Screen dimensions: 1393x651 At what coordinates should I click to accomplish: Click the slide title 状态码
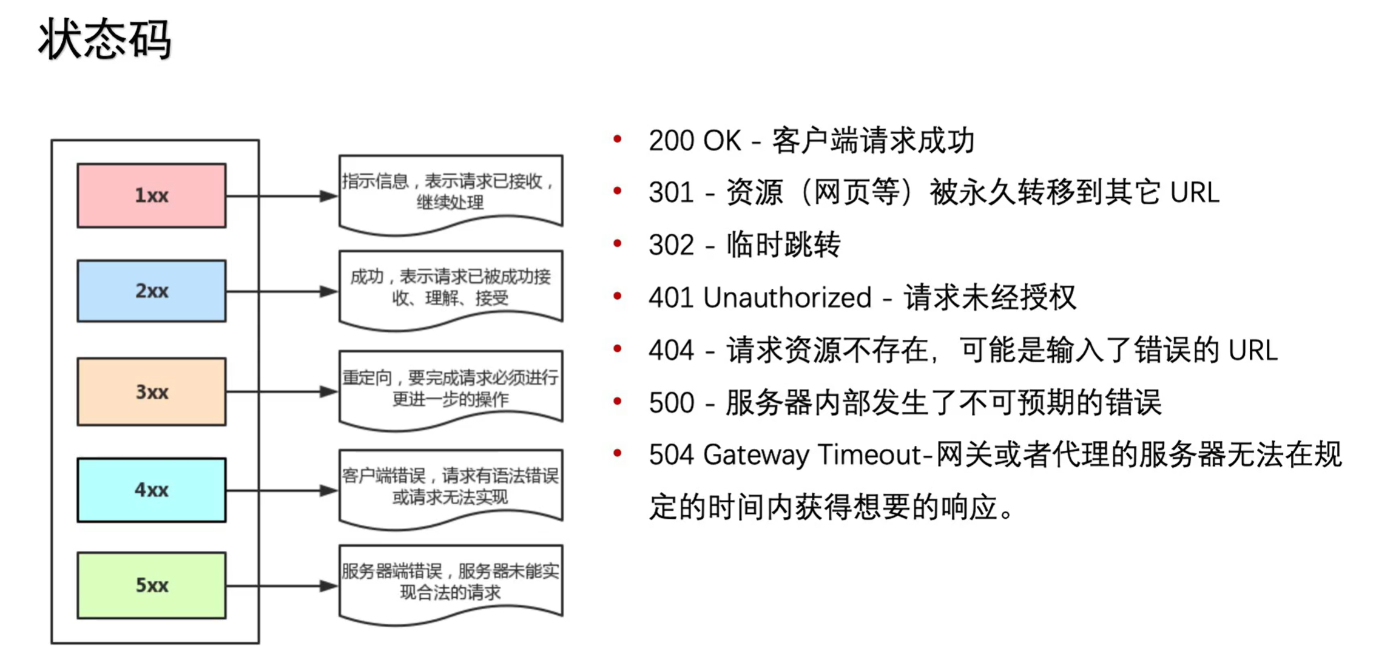[x=104, y=39]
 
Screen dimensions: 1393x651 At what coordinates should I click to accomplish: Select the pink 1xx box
[x=152, y=195]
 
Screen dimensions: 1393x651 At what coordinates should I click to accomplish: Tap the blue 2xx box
[x=152, y=291]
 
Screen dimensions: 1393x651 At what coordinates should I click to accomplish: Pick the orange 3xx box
[x=152, y=391]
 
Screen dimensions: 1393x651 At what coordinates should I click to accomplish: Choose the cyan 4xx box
[x=152, y=490]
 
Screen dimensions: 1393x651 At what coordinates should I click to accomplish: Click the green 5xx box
[x=152, y=585]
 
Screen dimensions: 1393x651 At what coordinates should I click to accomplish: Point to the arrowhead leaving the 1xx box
[x=328, y=196]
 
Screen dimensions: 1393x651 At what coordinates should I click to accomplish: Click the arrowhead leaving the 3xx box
[x=328, y=392]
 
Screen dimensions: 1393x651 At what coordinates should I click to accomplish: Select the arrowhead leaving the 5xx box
[x=328, y=585]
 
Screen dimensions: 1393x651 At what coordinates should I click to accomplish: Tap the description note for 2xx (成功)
[x=450, y=287]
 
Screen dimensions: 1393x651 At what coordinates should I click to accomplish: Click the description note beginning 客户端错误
[x=450, y=486]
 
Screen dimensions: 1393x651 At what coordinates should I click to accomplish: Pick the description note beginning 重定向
[x=450, y=388]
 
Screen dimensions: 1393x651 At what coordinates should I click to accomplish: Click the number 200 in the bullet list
[x=671, y=141]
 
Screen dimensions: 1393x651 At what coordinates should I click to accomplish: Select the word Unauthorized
[x=787, y=298]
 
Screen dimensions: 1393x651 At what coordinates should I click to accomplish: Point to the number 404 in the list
[x=671, y=351]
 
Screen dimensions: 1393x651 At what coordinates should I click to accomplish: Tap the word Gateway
[x=755, y=455]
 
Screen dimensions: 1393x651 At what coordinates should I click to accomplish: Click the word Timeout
[x=869, y=455]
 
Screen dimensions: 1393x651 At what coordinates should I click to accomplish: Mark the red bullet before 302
[x=618, y=244]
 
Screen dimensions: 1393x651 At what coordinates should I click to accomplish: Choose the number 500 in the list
[x=671, y=403]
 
